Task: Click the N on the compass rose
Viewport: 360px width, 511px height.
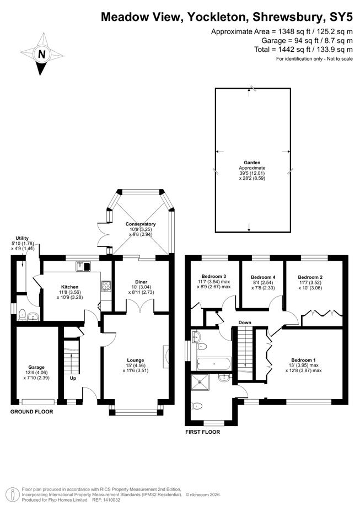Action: [41, 54]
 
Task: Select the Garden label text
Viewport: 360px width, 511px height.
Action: [252, 163]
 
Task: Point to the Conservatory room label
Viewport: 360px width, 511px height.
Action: [140, 224]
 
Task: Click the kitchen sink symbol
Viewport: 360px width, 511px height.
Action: [84, 266]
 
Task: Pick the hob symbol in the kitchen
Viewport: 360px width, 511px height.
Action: [106, 286]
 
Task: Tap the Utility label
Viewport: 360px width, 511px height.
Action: [22, 238]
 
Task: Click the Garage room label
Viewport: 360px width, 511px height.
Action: [36, 367]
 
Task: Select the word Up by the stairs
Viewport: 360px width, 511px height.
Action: [73, 379]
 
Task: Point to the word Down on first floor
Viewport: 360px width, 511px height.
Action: [245, 322]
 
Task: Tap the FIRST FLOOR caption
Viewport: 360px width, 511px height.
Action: [202, 432]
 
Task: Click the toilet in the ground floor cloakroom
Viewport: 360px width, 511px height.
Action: [23, 315]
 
